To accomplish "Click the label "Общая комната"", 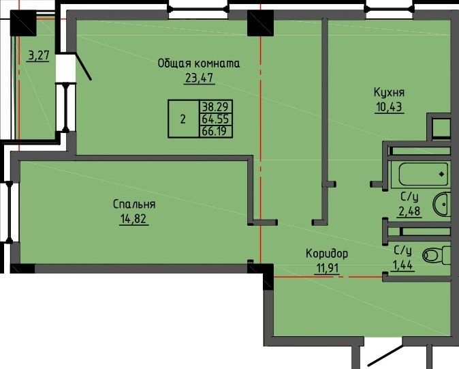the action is [x=199, y=63].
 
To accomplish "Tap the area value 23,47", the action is [x=199, y=78].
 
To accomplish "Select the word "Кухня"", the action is [x=389, y=92].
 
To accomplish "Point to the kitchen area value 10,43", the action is [x=390, y=106].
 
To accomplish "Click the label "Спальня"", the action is [x=134, y=205].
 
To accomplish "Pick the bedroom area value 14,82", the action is [x=133, y=219].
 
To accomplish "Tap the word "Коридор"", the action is [x=327, y=254].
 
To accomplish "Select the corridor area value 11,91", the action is [x=327, y=268].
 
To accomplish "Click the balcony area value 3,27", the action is [x=38, y=55].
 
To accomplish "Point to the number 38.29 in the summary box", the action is [x=215, y=106].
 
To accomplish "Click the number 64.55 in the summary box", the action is [x=216, y=119].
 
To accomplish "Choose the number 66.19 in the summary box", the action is [x=215, y=131].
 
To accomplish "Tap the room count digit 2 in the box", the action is [x=183, y=119].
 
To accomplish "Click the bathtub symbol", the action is [x=424, y=175].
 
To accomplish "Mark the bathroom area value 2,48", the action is [x=409, y=211].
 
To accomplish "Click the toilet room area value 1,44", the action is [x=403, y=265].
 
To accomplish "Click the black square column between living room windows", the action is [x=261, y=23].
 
